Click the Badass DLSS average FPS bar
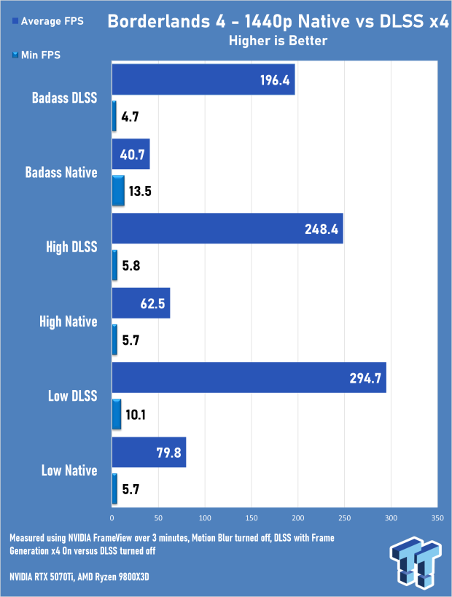[x=203, y=79]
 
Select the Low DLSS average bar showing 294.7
[x=249, y=378]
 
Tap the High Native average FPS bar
[x=141, y=303]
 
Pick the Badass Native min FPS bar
[x=118, y=191]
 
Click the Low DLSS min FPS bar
[x=117, y=414]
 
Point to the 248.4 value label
[x=322, y=229]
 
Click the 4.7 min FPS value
[x=130, y=117]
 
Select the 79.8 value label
[x=168, y=453]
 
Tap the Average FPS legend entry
[x=48, y=21]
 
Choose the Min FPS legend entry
[x=36, y=55]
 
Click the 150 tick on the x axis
[x=252, y=518]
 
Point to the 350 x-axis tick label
[x=437, y=518]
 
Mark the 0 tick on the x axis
[x=112, y=518]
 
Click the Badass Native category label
[x=61, y=173]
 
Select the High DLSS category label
[x=71, y=247]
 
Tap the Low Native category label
[x=69, y=471]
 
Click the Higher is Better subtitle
[x=278, y=41]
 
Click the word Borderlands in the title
[x=158, y=21]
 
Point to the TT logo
[x=416, y=561]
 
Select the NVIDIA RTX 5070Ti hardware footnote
[x=79, y=577]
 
